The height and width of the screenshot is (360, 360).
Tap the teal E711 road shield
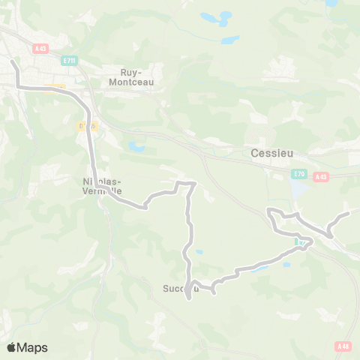click(x=70, y=60)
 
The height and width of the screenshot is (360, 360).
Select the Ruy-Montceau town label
click(x=137, y=77)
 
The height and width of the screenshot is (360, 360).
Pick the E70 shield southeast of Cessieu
click(x=298, y=174)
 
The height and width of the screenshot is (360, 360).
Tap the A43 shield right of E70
click(x=321, y=177)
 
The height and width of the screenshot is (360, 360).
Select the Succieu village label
click(x=180, y=287)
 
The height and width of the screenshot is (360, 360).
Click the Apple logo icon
click(x=12, y=347)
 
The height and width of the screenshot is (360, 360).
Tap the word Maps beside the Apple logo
click(x=32, y=347)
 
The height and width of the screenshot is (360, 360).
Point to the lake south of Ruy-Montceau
click(x=136, y=146)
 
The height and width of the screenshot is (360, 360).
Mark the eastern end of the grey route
click(x=349, y=213)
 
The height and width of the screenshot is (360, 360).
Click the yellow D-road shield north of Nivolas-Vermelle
click(x=88, y=127)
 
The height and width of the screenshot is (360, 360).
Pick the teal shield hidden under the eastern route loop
click(x=301, y=242)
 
